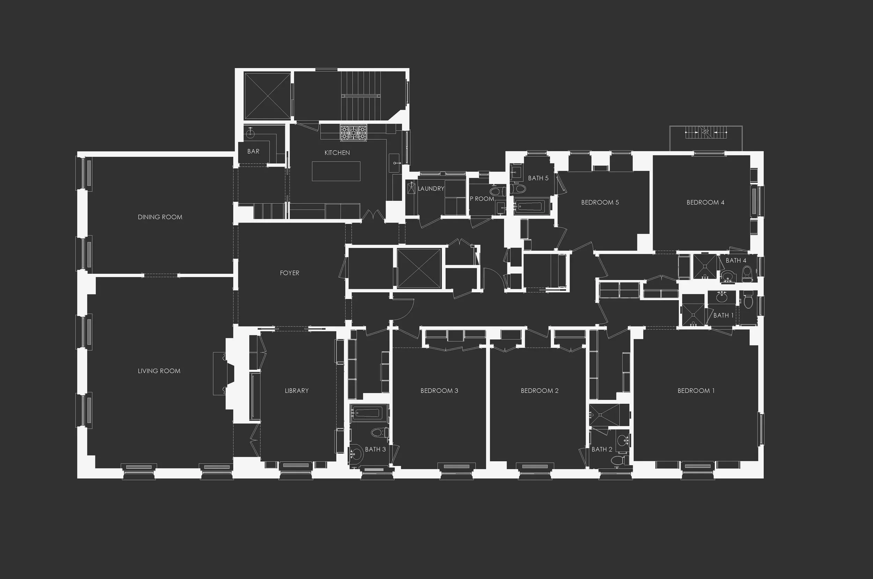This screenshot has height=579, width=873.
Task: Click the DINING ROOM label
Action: pos(160,217)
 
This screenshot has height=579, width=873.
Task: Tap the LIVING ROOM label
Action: pos(159,371)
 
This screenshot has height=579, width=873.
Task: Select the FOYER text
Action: pos(289,273)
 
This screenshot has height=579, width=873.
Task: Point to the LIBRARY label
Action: pos(296,390)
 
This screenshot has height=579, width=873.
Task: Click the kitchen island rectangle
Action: pos(336,171)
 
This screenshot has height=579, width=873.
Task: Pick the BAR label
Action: pos(253,152)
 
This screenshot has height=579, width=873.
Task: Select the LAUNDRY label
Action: pos(431,189)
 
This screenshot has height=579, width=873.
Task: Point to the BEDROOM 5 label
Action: pos(600,202)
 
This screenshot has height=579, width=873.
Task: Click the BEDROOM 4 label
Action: pos(705,202)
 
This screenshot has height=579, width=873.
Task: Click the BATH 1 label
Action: pos(723,315)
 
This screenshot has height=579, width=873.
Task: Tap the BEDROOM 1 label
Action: pos(696,390)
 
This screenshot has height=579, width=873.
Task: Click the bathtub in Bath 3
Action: pos(369,412)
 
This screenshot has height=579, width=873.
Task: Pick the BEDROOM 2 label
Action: pos(539,390)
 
